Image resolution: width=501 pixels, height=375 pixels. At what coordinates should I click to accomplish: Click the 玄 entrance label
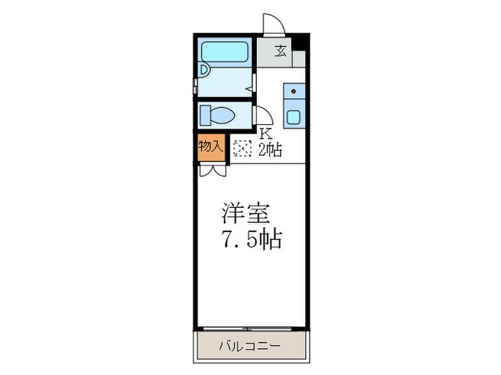point(282,51)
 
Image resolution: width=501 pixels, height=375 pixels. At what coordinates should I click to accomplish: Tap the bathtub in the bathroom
point(225,51)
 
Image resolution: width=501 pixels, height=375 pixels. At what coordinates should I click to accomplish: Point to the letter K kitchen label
point(265,133)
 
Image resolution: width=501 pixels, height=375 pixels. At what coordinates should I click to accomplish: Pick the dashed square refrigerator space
point(242,148)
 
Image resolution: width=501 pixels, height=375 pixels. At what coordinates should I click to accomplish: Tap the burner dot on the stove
point(293,92)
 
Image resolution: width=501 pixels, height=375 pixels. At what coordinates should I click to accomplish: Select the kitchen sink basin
point(294,116)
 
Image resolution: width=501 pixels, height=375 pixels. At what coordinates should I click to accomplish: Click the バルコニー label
point(250,346)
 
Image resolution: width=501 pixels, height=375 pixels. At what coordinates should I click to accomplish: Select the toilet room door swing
point(263,114)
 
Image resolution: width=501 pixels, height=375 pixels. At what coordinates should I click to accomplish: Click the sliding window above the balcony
point(250,328)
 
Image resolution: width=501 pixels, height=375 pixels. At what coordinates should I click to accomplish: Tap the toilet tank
point(205,114)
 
